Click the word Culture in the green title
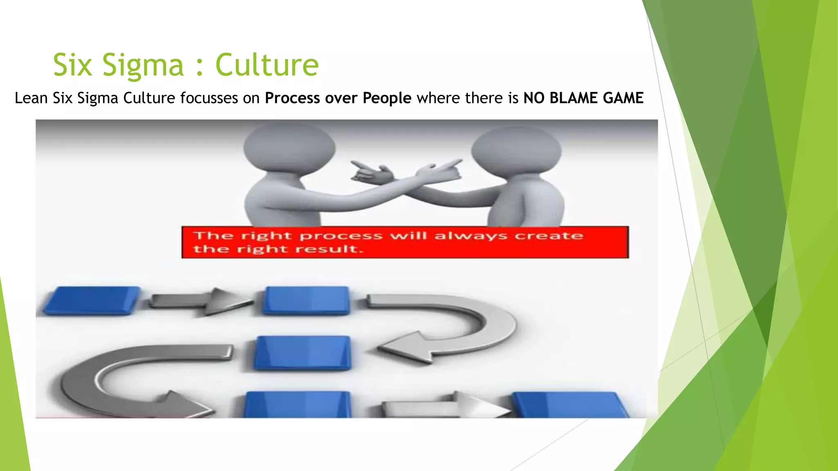click(x=267, y=65)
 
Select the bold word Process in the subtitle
click(x=292, y=98)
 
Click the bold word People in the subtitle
click(x=387, y=98)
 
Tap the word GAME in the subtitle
click(x=623, y=98)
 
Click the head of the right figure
click(x=516, y=150)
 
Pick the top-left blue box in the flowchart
click(x=92, y=301)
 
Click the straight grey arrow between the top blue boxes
click(x=200, y=302)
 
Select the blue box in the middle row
click(x=303, y=353)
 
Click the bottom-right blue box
click(x=569, y=405)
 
